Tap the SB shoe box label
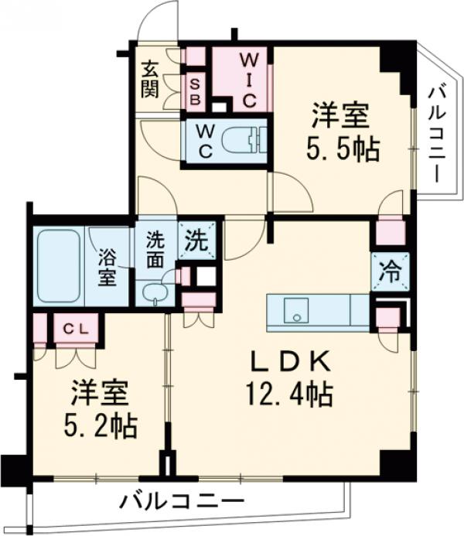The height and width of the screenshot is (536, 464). pyautogui.click(x=195, y=91)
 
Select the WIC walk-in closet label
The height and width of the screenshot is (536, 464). pyautogui.click(x=247, y=80)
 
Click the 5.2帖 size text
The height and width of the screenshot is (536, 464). pyautogui.click(x=102, y=424)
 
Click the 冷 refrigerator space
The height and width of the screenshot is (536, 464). pyautogui.click(x=390, y=272)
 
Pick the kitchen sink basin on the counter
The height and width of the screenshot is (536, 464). pyautogui.click(x=295, y=312)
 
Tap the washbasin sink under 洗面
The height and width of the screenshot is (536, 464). pyautogui.click(x=155, y=294)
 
